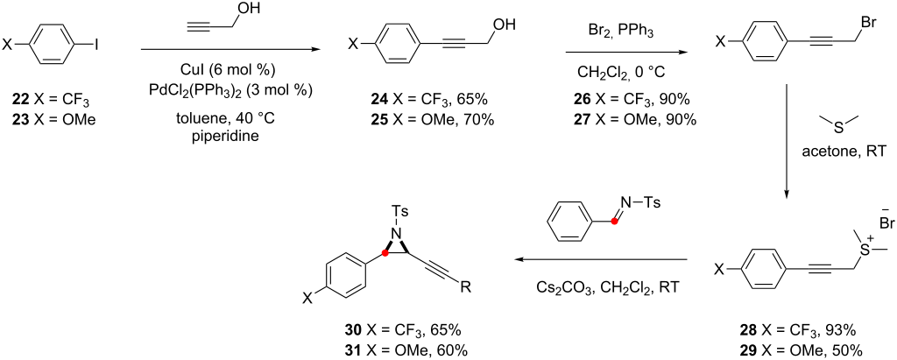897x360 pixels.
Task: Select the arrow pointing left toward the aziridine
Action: tap(601, 260)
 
